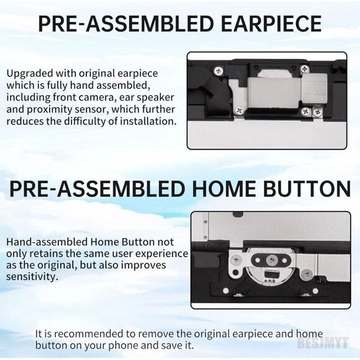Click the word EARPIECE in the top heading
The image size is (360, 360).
(x=271, y=24)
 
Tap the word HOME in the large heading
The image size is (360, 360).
(x=223, y=189)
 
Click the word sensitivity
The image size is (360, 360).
(x=31, y=277)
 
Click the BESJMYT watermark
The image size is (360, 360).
(x=323, y=343)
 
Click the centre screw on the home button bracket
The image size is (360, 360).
(x=272, y=260)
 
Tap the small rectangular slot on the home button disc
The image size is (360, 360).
(x=271, y=274)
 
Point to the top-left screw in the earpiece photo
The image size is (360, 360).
(x=218, y=71)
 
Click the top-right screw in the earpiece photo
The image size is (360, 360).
(x=305, y=69)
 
